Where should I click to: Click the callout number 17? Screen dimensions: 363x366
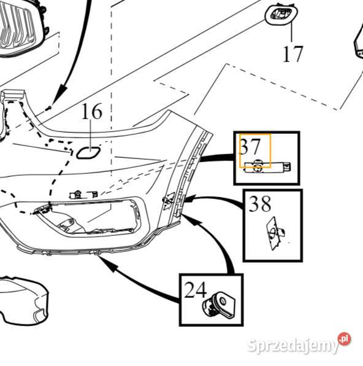coord(292,54)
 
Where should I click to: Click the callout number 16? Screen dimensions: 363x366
coord(91,111)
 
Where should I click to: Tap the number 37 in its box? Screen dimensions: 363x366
coord(250,146)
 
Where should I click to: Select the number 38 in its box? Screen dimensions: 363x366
coord(260,203)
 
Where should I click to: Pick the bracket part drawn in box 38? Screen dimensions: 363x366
coord(275,233)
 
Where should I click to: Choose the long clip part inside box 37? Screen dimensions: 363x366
coord(267,166)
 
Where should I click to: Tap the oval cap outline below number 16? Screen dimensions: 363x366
coord(88,153)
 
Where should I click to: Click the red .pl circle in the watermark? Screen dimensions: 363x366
coord(345,339)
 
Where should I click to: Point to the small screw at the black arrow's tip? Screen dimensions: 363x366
coord(48,108)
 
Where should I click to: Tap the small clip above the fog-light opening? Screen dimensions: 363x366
coord(83,194)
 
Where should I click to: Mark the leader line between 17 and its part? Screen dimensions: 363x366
coord(292,33)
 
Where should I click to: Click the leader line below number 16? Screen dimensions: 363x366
coord(91,133)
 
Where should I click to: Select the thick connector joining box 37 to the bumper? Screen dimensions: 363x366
coord(217,158)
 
